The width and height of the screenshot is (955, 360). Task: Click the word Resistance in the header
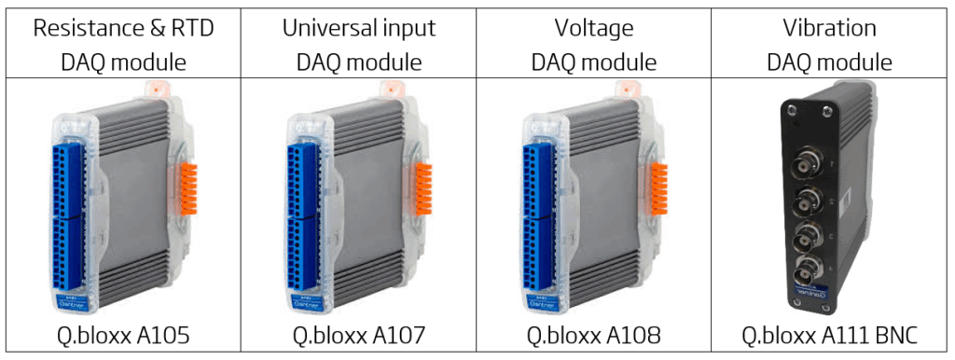tap(85, 28)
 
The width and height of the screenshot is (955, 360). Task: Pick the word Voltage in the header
tap(593, 28)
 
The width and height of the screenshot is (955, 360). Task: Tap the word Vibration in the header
tap(829, 28)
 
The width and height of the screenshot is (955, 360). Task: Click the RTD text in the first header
tap(190, 28)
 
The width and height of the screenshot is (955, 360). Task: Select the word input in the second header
tap(408, 28)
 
